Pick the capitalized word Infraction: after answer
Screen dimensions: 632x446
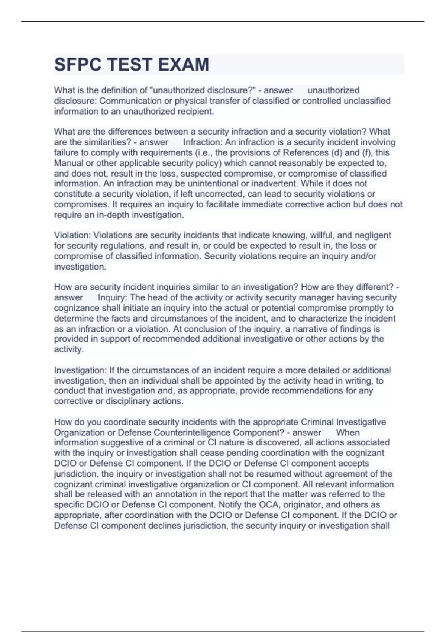pyautogui.click(x=203, y=142)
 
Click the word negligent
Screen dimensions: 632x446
pyautogui.click(x=373, y=235)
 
